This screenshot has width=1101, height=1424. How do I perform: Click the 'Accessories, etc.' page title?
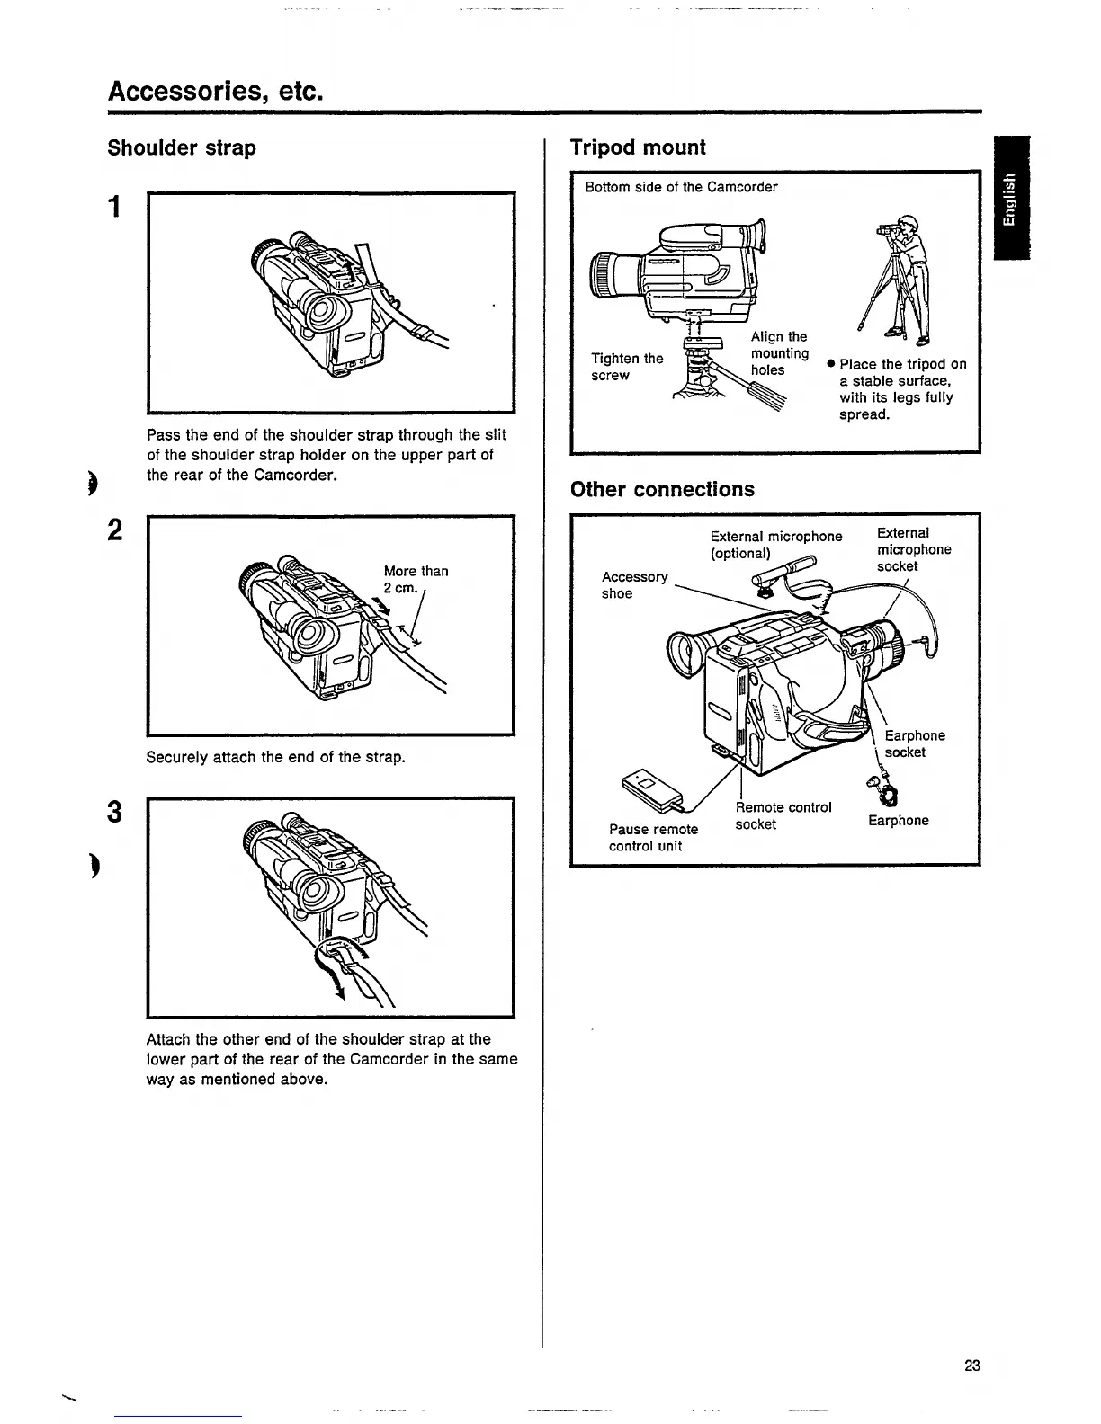tap(214, 91)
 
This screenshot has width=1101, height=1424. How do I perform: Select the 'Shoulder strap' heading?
tap(182, 148)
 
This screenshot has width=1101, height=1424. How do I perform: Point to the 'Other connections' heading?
tap(662, 490)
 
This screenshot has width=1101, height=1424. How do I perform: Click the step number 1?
tap(114, 208)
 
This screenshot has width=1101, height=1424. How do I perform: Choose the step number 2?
tap(114, 531)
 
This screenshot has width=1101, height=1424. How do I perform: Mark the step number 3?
tap(114, 812)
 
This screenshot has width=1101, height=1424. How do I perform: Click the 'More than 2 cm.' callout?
tap(415, 579)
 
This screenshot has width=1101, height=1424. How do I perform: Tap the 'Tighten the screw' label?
tap(626, 367)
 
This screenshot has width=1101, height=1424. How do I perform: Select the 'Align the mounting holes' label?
tap(779, 353)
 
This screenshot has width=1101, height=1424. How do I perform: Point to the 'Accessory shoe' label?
tap(634, 585)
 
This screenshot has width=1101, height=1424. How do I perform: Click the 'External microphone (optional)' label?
tap(775, 545)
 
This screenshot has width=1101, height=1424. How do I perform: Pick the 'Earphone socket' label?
tap(914, 744)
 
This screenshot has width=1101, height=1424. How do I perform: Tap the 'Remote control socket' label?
tap(783, 815)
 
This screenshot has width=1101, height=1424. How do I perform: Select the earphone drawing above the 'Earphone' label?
tap(887, 794)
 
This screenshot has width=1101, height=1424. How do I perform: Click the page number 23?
tap(971, 1366)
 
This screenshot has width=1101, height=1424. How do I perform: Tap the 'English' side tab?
tap(1011, 199)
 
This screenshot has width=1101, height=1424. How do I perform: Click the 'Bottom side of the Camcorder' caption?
tap(681, 187)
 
